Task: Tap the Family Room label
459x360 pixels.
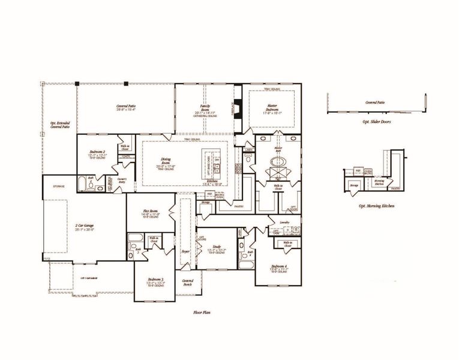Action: click(x=204, y=108)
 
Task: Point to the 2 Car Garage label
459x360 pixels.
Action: click(x=85, y=226)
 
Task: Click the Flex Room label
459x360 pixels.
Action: click(x=150, y=212)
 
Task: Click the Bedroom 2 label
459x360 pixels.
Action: click(x=97, y=153)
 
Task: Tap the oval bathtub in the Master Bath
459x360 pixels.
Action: click(x=279, y=163)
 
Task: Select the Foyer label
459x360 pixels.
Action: click(x=186, y=251)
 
